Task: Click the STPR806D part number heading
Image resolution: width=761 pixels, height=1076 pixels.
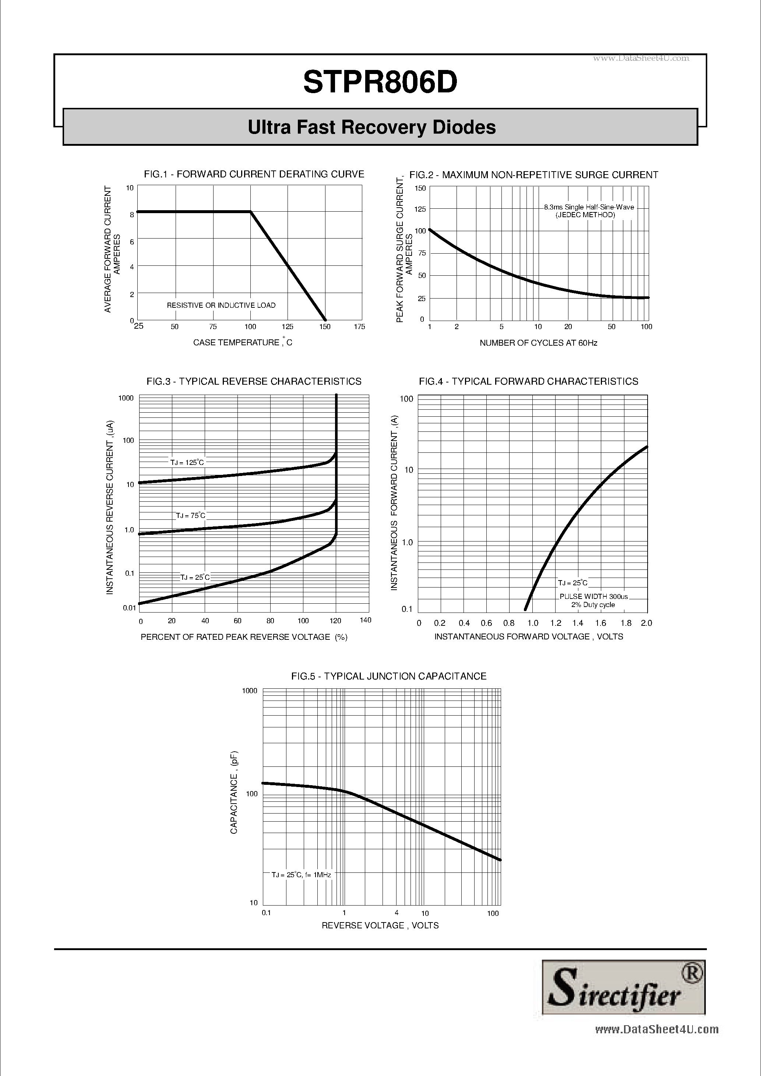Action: coord(380,83)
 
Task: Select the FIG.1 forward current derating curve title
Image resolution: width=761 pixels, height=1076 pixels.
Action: coord(254,174)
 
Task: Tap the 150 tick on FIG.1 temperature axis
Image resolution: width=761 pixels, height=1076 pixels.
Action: coord(325,327)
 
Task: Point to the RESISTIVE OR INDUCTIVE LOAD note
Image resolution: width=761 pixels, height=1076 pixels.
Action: coord(221,306)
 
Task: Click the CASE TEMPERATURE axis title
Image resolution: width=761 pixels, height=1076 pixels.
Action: coord(242,343)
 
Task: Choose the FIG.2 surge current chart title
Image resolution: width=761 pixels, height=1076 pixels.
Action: coord(534,175)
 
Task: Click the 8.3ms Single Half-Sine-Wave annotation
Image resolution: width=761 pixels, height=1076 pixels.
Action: coord(589,207)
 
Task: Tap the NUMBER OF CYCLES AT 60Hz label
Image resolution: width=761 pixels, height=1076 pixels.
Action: coord(538,343)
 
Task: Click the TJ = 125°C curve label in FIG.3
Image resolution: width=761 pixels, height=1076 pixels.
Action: coord(187,463)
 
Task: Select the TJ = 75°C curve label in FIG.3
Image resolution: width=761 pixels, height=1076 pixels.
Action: coord(191,515)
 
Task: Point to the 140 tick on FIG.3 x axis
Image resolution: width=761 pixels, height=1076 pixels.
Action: coord(365,620)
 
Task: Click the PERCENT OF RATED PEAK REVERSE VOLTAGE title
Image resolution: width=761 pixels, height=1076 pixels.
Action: coord(244,637)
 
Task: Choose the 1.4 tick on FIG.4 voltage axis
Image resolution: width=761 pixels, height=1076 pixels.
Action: coord(578,623)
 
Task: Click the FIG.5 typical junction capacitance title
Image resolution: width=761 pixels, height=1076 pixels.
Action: coord(388,676)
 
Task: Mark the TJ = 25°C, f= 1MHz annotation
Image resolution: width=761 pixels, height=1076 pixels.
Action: coord(301,875)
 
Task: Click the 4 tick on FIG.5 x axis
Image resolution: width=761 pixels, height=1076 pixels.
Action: coord(397,913)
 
